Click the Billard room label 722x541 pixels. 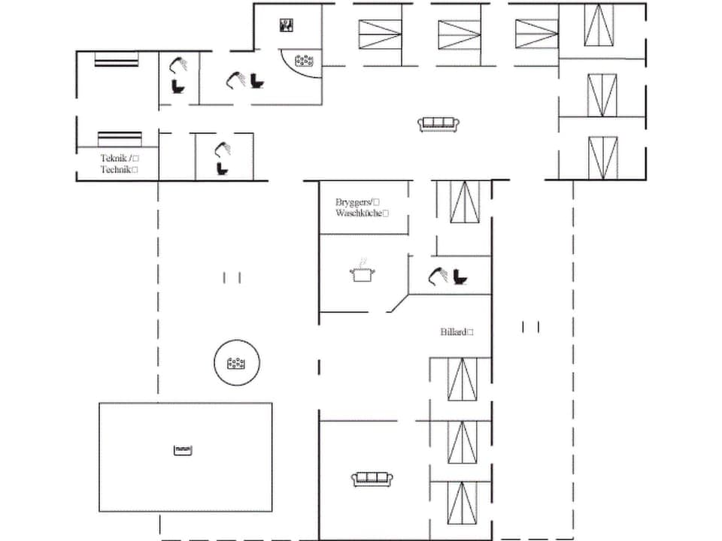pos(455,331)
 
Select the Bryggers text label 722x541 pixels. pos(354,202)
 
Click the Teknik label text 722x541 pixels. pos(114,159)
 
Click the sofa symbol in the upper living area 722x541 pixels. pos(438,124)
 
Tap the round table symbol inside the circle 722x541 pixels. pos(238,364)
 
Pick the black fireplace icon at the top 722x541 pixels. pos(287,26)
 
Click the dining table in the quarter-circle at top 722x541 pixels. pos(304,59)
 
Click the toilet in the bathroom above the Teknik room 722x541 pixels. pos(178,86)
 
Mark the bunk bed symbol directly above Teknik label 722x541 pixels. pos(120,138)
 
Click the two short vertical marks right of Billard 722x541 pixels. pos(531,326)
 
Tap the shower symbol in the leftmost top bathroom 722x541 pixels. pos(177,63)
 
